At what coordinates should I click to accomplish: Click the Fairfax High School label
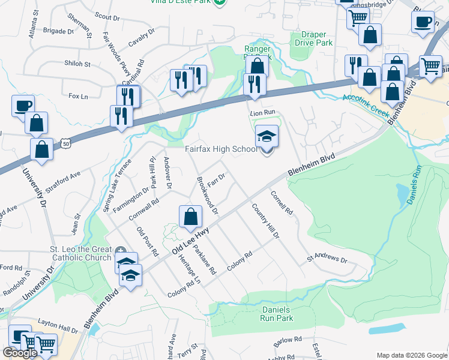point(220,149)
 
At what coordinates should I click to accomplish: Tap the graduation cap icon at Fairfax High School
point(267,137)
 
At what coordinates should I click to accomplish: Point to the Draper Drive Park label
point(312,39)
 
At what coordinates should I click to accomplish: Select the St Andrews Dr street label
point(327,260)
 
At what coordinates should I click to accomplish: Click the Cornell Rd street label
point(282,203)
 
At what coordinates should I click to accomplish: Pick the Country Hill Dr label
point(265,221)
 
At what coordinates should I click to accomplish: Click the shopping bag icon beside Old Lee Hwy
point(190,217)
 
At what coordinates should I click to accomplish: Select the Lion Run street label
point(262,112)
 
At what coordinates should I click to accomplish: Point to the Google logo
point(20,353)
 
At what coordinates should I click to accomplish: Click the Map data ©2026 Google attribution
point(411,355)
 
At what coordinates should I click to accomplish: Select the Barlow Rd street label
point(288,340)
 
